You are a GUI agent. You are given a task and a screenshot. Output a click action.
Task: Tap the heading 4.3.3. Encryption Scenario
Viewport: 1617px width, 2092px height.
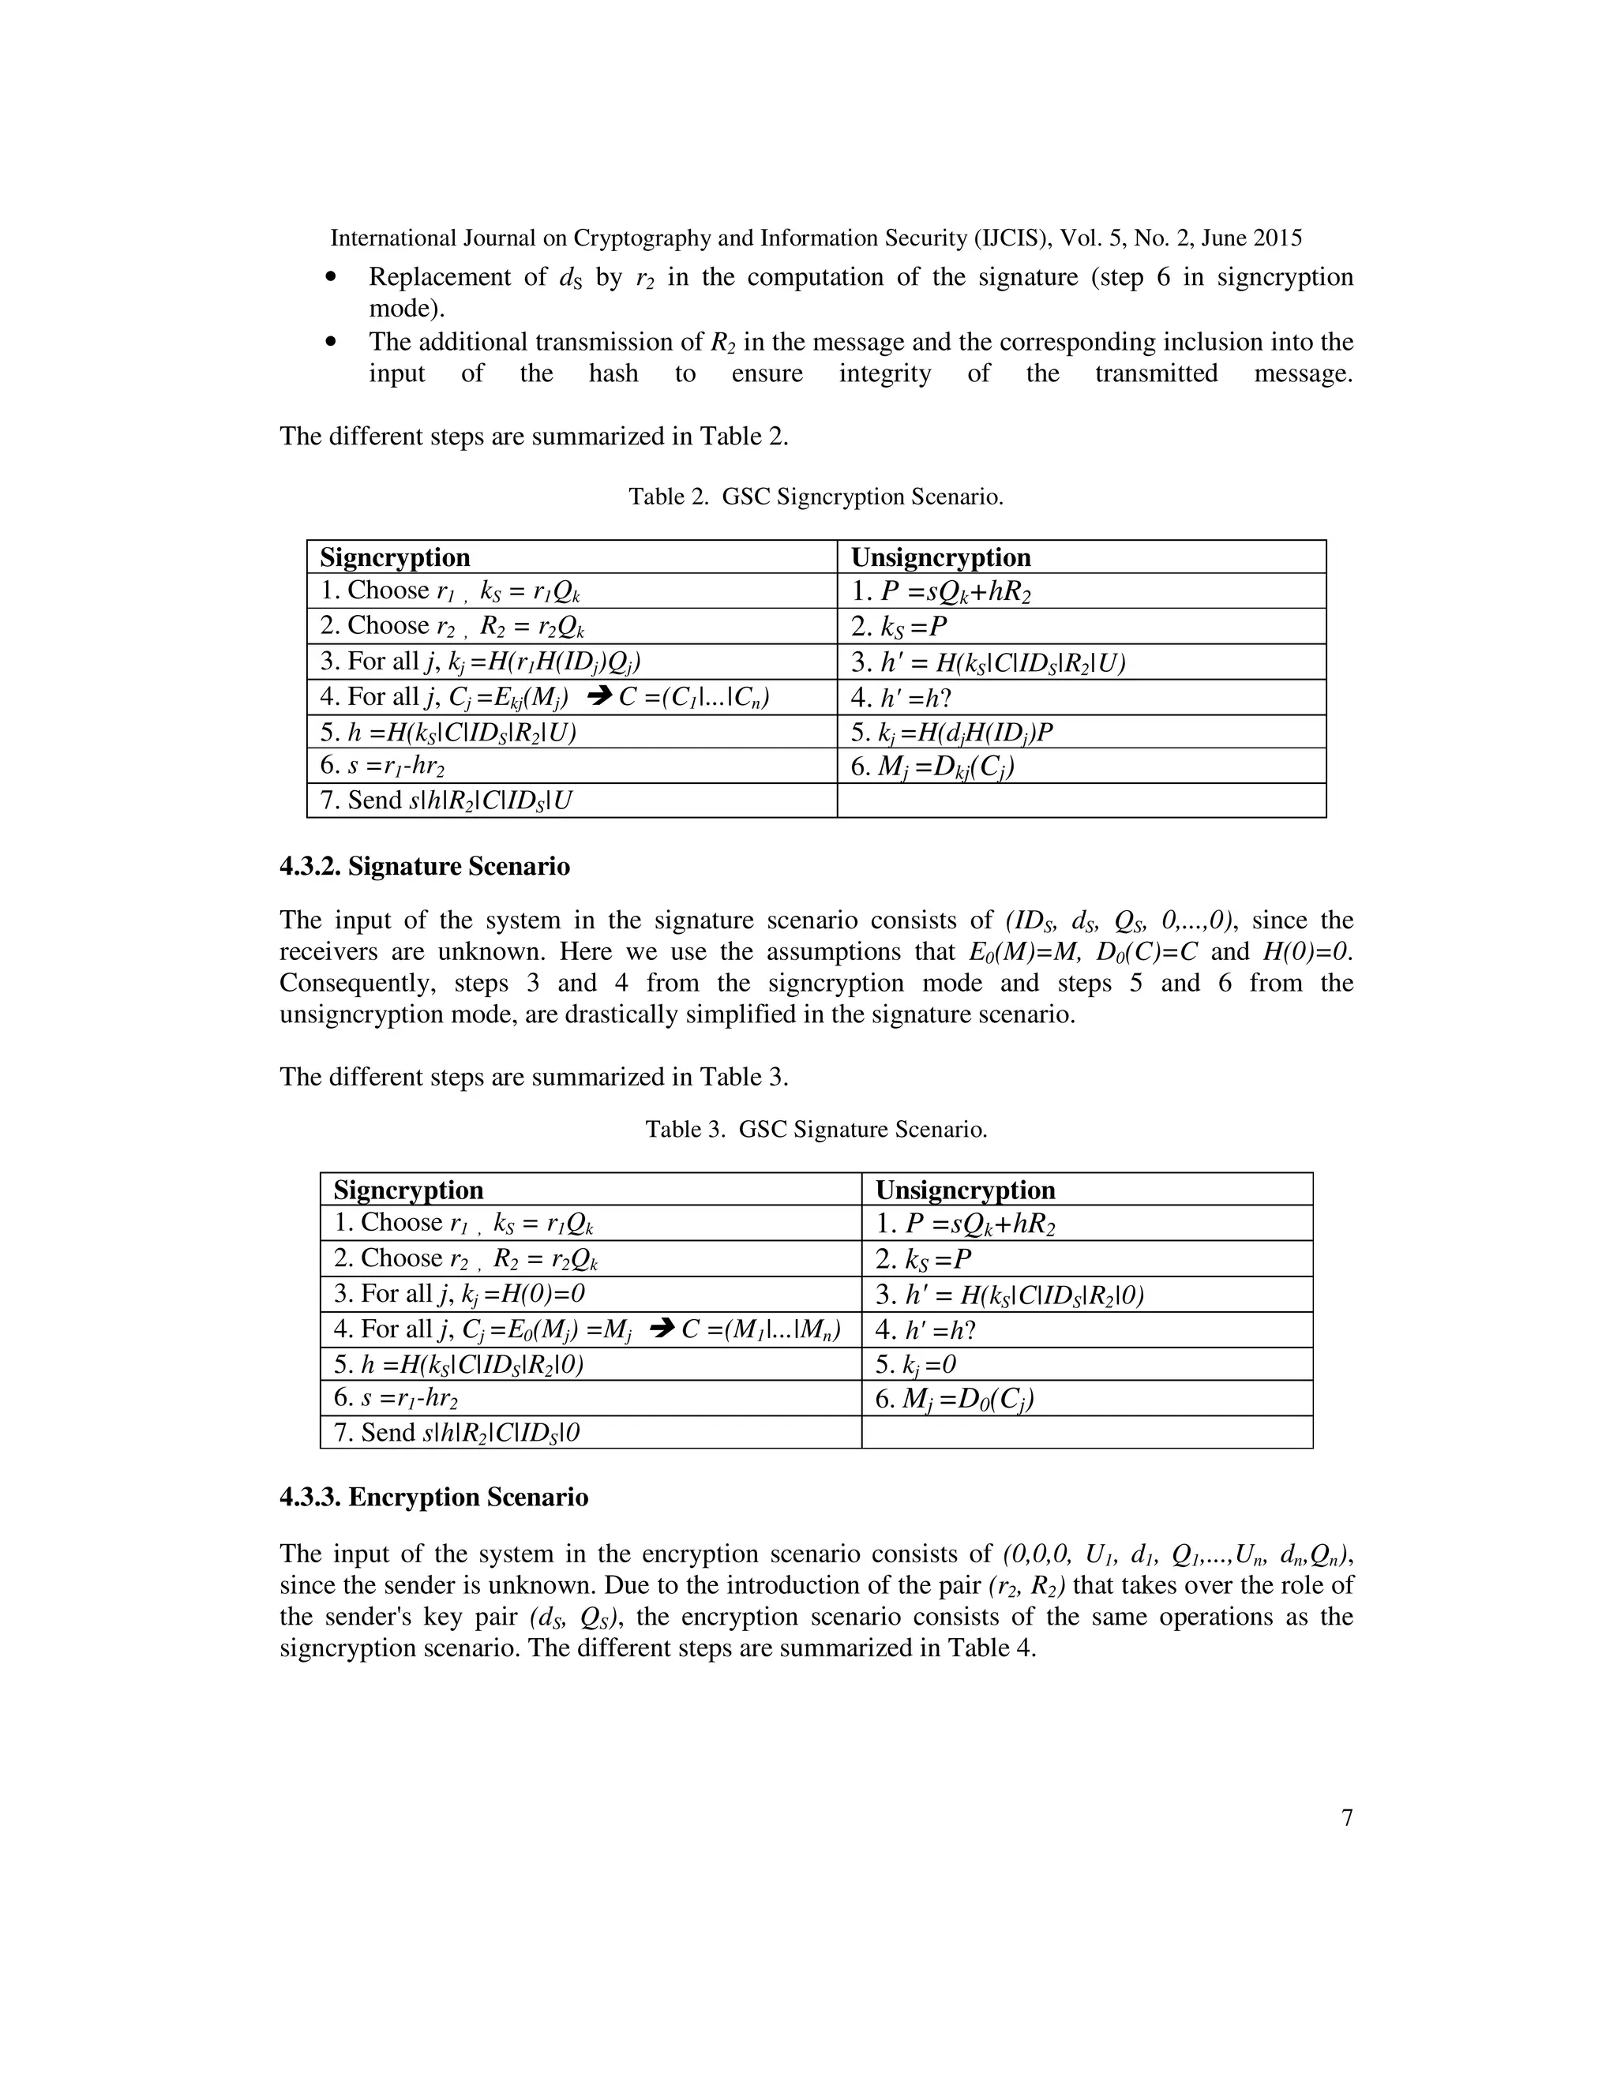click(x=434, y=1496)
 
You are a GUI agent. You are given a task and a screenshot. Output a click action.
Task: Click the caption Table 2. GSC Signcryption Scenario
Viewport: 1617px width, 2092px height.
click(x=815, y=497)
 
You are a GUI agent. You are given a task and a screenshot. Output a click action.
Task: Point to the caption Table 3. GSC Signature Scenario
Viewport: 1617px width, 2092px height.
click(x=815, y=1130)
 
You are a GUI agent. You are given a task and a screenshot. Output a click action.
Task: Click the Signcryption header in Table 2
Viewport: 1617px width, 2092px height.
click(x=395, y=557)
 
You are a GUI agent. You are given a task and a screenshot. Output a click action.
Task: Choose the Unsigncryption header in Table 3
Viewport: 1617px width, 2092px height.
click(x=965, y=1190)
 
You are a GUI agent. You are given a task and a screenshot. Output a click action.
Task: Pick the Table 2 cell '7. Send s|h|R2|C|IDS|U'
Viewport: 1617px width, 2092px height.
click(x=446, y=800)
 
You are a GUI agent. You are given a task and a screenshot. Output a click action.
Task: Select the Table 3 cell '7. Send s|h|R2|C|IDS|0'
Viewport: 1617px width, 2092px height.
click(x=457, y=1432)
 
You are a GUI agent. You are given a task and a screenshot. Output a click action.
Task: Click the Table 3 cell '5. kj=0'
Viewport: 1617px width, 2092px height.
click(x=916, y=1364)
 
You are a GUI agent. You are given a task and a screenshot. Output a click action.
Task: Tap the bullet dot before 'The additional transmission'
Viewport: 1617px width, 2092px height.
click(x=332, y=342)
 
